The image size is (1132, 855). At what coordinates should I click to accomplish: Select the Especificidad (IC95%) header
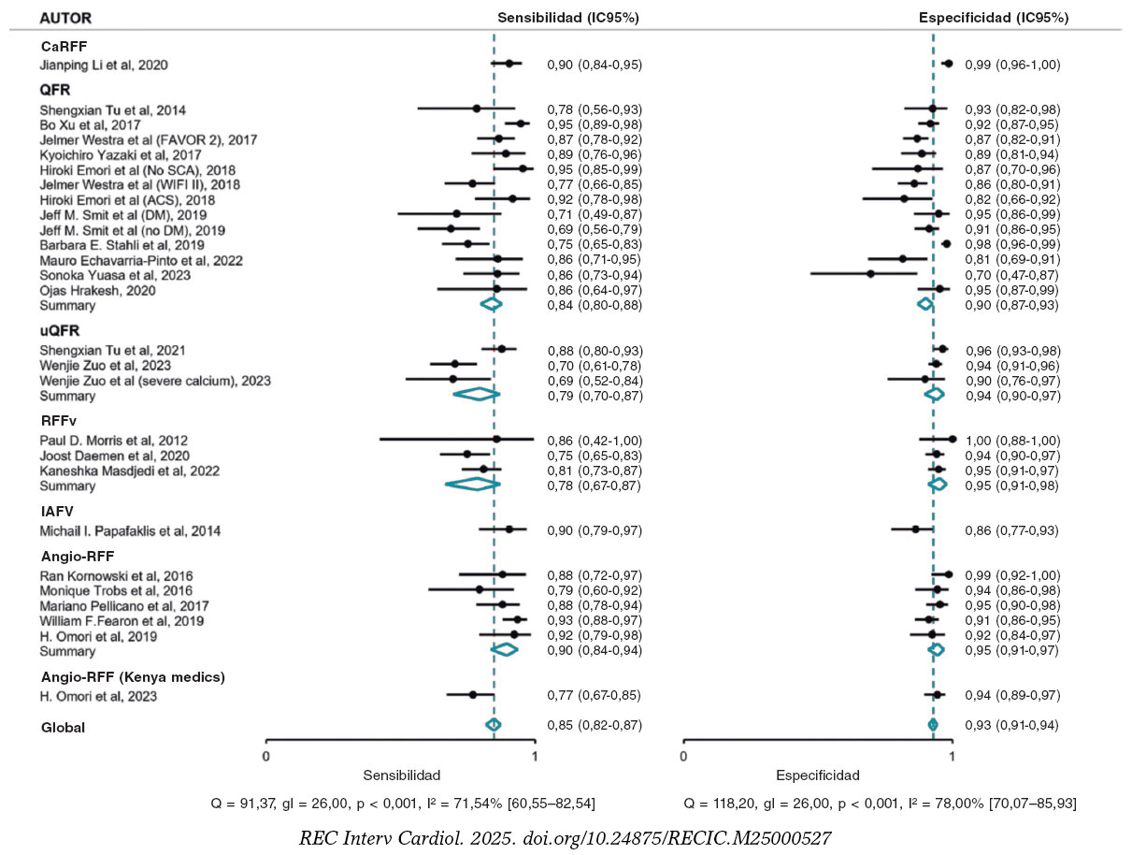(x=994, y=18)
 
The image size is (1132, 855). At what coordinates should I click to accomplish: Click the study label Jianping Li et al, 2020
(x=104, y=65)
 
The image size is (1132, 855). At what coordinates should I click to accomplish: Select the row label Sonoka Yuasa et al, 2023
(x=115, y=275)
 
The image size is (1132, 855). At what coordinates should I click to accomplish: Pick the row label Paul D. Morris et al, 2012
(x=113, y=441)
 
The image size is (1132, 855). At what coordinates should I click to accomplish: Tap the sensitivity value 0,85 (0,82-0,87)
(x=595, y=725)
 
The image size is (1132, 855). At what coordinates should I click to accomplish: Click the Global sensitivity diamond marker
(x=494, y=725)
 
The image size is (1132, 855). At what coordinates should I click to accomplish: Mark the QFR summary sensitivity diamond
(x=491, y=304)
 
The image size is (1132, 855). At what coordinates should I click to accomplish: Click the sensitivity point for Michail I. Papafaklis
(x=509, y=529)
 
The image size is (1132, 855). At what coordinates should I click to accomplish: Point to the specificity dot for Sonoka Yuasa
(x=871, y=274)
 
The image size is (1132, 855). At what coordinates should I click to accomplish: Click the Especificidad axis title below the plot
(x=818, y=775)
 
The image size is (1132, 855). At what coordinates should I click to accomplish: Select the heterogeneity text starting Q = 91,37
(x=405, y=803)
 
